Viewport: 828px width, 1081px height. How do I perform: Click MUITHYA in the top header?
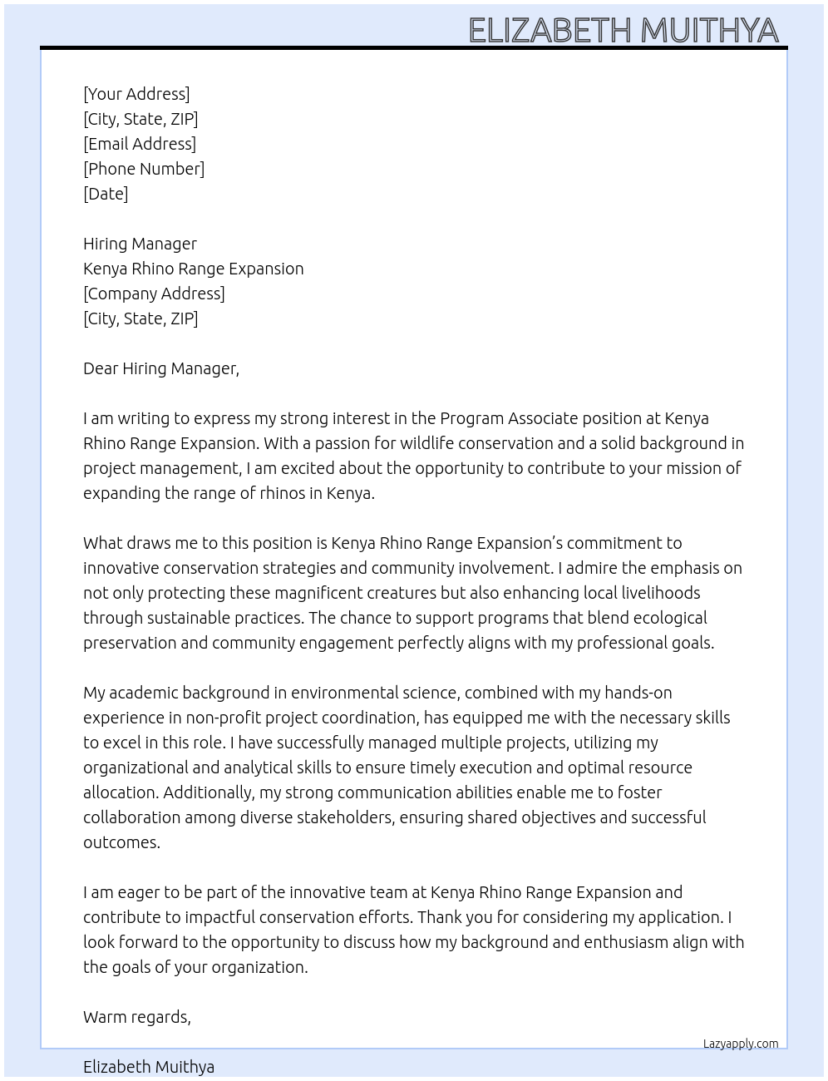pyautogui.click(x=709, y=31)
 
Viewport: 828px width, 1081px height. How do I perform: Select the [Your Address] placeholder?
pyautogui.click(x=136, y=94)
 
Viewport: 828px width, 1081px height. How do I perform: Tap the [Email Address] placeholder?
pyautogui.click(x=140, y=144)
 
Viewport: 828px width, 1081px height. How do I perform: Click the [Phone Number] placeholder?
pyautogui.click(x=144, y=169)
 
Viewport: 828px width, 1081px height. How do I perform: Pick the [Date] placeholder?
pyautogui.click(x=106, y=194)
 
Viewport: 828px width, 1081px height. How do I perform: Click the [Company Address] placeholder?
pyautogui.click(x=154, y=294)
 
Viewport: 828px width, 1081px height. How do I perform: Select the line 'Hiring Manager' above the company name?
pyautogui.click(x=140, y=244)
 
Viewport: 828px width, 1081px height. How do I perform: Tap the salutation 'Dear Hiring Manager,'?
pyautogui.click(x=161, y=368)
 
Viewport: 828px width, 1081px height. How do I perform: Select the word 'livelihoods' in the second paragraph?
pyautogui.click(x=657, y=593)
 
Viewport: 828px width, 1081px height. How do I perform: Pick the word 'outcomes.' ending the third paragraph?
pyautogui.click(x=121, y=842)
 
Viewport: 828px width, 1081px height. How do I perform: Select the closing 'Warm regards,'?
pyautogui.click(x=137, y=1017)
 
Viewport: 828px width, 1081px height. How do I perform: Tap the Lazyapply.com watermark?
pyautogui.click(x=740, y=1044)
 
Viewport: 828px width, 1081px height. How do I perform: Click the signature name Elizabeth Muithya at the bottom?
pyautogui.click(x=149, y=1067)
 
